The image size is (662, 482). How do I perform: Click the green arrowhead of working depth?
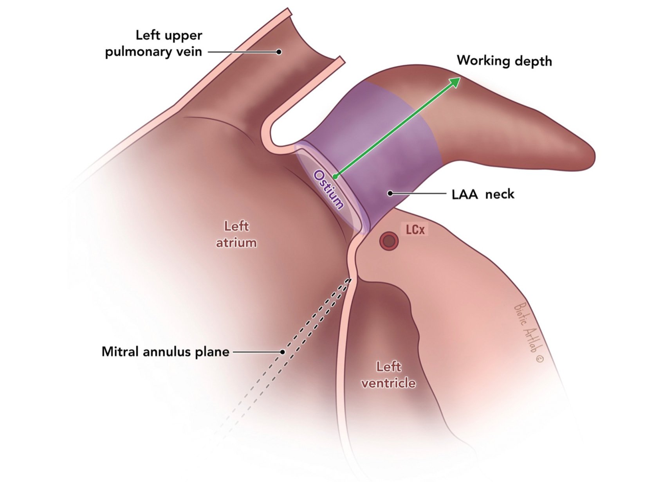455,81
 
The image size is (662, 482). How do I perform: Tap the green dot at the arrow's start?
335,176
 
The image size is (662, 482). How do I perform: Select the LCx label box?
415,230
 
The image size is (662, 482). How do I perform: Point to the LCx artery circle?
389,241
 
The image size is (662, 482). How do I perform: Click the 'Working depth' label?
504,61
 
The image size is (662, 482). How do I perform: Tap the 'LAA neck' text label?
483,194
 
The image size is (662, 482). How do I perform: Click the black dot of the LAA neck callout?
390,193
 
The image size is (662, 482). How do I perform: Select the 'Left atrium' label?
236,234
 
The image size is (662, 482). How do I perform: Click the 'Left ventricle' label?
388,374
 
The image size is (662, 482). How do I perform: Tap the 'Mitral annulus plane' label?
165,352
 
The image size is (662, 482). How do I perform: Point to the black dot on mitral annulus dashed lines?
282,352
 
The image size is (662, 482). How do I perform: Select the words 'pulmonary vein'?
153,52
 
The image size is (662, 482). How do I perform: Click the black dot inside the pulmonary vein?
279,52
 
